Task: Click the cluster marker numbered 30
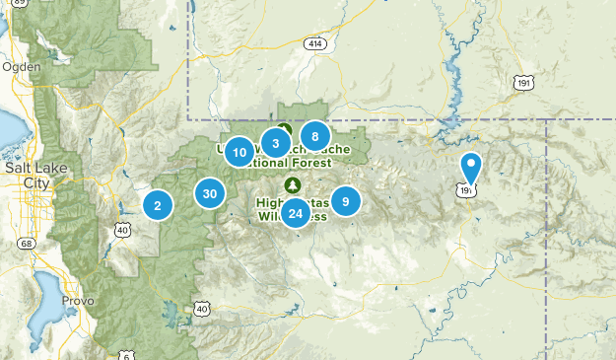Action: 209,193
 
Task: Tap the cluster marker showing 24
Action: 296,213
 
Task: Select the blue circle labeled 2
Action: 158,205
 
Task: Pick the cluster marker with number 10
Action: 240,153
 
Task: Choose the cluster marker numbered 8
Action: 314,136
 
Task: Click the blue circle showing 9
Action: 345,201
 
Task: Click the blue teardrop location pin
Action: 471,169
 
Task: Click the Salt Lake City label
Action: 26,176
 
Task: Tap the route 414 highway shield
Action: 314,45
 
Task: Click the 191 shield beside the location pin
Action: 466,189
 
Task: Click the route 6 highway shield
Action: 127,354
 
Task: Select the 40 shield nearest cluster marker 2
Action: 123,230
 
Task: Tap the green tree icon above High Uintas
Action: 292,184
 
